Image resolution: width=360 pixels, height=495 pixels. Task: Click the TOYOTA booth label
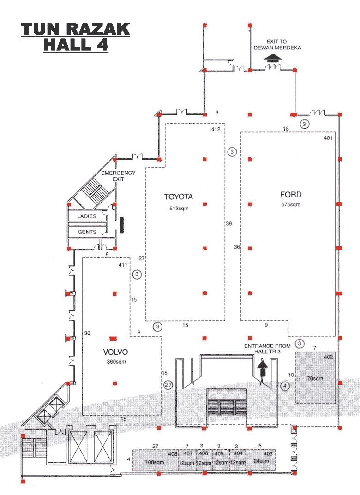coord(179,197)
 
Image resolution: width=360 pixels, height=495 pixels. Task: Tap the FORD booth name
coord(291,195)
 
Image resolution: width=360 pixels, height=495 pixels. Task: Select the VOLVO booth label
coord(115,352)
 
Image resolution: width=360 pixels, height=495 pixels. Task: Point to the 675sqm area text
coord(290,204)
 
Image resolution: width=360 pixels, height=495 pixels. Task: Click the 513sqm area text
coord(179,209)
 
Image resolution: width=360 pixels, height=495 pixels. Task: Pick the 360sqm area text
coord(116,362)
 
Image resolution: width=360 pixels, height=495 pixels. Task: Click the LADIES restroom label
coord(86,216)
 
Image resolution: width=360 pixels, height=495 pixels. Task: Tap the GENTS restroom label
coord(87,232)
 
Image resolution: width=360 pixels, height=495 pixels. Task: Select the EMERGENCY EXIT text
coord(118,176)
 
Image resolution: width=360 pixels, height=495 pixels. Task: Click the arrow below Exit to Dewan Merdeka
coord(272,57)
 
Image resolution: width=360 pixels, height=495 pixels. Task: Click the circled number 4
coord(285,386)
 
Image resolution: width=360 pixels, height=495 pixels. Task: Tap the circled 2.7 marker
coord(168,385)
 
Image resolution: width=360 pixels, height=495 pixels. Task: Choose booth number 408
coord(173,454)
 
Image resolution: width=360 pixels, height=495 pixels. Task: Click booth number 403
coord(268,453)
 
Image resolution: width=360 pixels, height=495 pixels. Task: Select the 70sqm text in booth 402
coord(315,378)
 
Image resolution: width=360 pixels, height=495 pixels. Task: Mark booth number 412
coord(216,129)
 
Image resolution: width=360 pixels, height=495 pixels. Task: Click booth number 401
coord(328,138)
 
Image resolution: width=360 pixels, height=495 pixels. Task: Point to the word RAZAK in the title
coord(98,29)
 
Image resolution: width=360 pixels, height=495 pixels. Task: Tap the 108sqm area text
coord(155,462)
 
